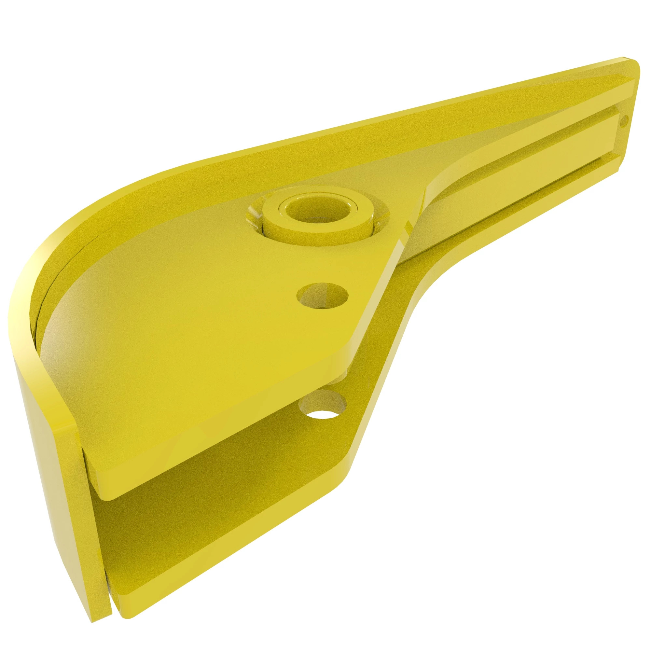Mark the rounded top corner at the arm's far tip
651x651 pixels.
coord(633,67)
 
